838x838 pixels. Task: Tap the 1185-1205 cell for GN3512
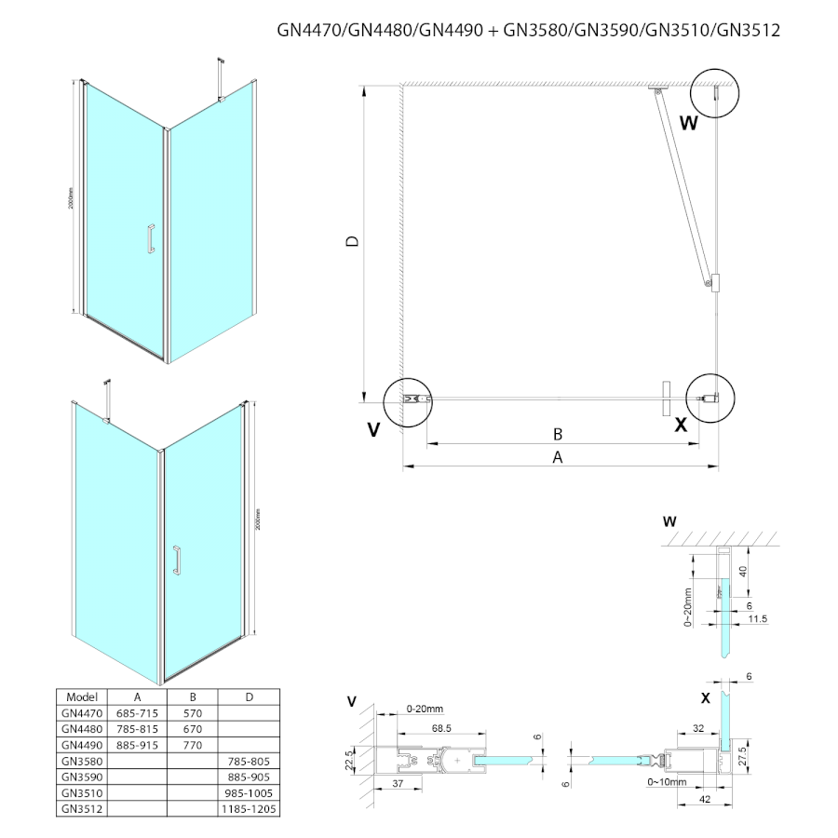click(x=249, y=810)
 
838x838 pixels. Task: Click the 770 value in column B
click(x=193, y=745)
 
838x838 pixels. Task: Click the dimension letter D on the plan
click(x=351, y=242)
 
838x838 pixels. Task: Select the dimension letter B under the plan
click(x=557, y=434)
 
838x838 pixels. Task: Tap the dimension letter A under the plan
click(x=558, y=457)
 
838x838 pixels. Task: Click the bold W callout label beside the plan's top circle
click(x=687, y=122)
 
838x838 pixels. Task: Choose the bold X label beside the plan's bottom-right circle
click(x=681, y=425)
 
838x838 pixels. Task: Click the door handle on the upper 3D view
click(x=147, y=238)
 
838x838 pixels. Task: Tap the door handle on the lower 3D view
click(x=175, y=561)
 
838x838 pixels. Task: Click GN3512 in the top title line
click(x=749, y=30)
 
